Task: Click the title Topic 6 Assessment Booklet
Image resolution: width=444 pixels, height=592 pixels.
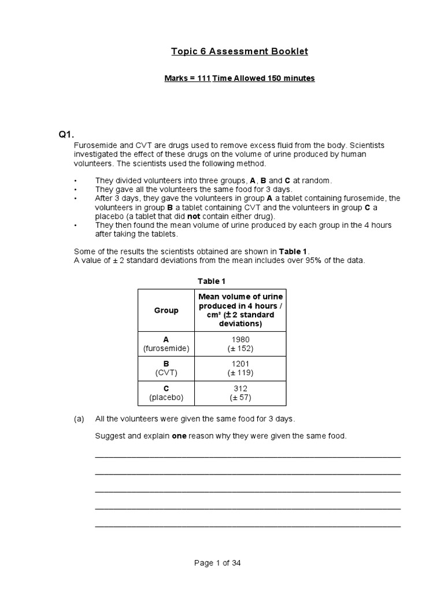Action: [x=239, y=51]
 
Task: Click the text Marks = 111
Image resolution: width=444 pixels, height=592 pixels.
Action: [x=187, y=78]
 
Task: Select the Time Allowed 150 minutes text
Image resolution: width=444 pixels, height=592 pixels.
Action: [x=264, y=78]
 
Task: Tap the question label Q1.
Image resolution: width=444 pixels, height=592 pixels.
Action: [x=65, y=135]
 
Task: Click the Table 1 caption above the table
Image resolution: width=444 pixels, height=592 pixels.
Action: [x=212, y=281]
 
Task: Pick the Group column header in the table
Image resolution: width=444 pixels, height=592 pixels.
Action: [x=166, y=310]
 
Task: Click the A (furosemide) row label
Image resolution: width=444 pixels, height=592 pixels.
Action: [x=166, y=344]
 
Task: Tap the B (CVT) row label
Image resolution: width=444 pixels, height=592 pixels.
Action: [x=166, y=368]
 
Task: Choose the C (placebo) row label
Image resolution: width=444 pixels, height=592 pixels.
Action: [x=166, y=393]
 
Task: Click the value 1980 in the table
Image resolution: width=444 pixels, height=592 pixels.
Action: [x=241, y=339]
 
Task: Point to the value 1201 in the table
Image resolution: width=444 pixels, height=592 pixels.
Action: [x=241, y=364]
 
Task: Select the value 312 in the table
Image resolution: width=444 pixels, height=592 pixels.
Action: [x=241, y=388]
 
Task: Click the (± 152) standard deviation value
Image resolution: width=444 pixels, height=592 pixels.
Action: [x=241, y=349]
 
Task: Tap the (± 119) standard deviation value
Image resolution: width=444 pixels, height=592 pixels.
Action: [x=241, y=373]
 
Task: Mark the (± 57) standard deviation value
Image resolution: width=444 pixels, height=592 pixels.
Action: [x=241, y=398]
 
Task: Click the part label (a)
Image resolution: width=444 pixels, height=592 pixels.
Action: [x=80, y=418]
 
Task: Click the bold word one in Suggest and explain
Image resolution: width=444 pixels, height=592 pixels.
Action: [x=179, y=435]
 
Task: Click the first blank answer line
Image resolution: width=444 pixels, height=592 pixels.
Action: [x=247, y=457]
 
